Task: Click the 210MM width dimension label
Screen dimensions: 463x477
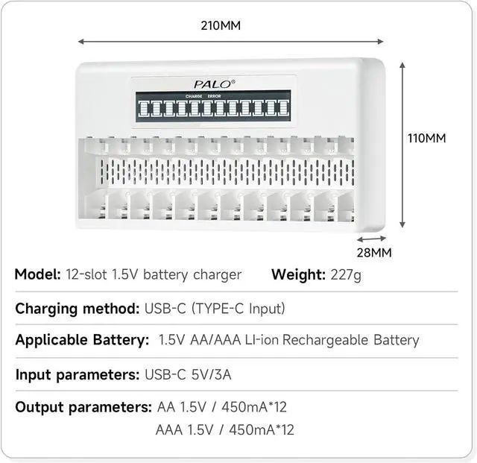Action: tap(221, 25)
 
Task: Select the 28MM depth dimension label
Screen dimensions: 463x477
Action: tap(373, 252)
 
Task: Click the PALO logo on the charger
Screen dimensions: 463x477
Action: tap(211, 84)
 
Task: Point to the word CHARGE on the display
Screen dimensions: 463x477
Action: tap(194, 96)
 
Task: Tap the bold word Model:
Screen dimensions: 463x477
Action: tap(37, 274)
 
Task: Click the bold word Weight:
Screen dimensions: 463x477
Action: tap(298, 274)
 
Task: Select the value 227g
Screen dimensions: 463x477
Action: tap(346, 274)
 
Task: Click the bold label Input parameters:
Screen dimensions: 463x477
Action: tap(75, 374)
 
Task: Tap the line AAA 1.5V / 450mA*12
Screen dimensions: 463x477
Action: tap(226, 430)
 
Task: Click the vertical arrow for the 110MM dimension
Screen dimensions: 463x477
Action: tap(403, 145)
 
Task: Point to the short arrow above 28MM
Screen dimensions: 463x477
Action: tap(367, 240)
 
